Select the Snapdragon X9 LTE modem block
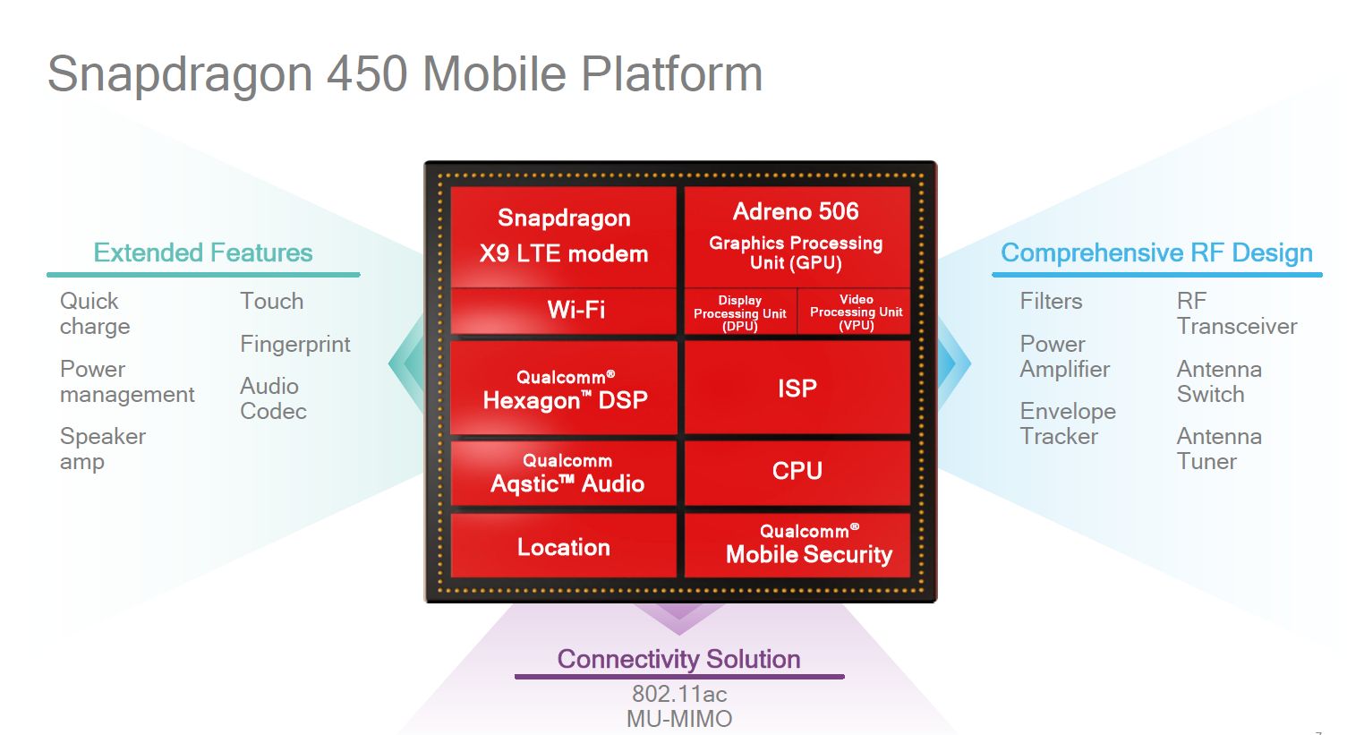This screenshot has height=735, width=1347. click(563, 235)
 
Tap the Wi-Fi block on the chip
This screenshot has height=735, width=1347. click(563, 311)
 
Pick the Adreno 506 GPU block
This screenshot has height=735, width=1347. click(797, 235)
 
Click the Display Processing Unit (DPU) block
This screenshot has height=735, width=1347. click(739, 312)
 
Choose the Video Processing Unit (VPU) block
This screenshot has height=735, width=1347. click(856, 312)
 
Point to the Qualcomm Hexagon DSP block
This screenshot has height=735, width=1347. click(563, 389)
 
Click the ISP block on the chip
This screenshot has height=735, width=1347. click(797, 389)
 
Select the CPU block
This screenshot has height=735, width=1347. click(797, 471)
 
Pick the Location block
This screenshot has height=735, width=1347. click(563, 547)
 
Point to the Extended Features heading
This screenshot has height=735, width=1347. click(203, 253)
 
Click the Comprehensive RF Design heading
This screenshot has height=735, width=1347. click(1156, 253)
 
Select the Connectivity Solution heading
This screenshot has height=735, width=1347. click(678, 660)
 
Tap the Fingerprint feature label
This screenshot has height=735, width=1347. click(294, 345)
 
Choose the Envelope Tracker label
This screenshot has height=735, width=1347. click(1067, 423)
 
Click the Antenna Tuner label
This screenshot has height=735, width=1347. click(1218, 449)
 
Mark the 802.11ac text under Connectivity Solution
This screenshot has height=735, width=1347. click(678, 694)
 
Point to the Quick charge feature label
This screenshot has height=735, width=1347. click(94, 313)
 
